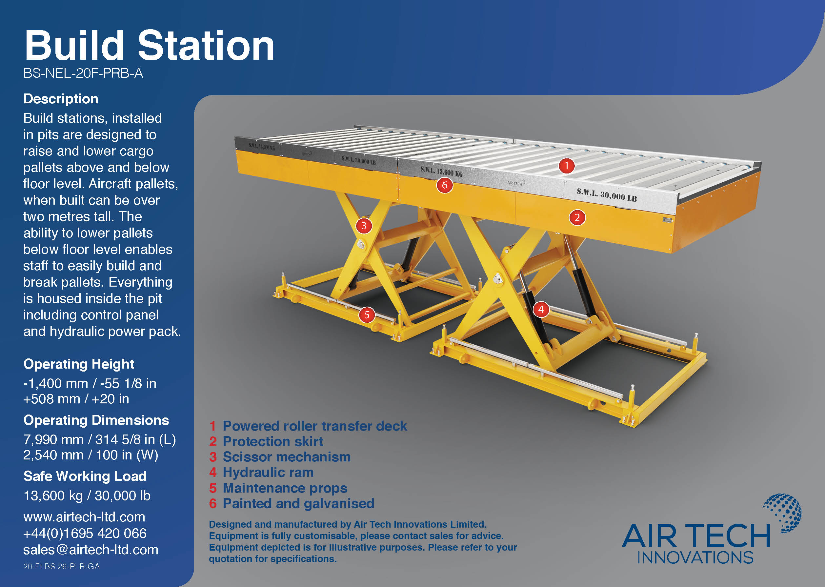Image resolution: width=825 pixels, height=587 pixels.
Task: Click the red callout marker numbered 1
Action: coord(566,166)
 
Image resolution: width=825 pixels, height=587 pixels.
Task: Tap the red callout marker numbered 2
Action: coord(577,218)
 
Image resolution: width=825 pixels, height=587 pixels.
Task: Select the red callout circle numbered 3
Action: coord(364,226)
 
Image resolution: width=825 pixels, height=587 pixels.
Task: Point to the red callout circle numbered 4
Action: coord(541,309)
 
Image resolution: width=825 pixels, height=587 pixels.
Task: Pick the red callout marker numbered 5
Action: coord(367,315)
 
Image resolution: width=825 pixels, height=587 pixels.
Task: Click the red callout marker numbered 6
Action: coord(445,185)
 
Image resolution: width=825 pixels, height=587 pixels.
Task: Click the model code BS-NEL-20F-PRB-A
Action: coord(83,73)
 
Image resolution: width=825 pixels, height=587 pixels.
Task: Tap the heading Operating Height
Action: coord(79,364)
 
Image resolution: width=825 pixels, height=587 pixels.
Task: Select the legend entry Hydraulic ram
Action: coord(268,473)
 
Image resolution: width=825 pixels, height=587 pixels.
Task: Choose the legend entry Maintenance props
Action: coord(285,488)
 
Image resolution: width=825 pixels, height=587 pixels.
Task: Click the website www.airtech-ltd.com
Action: coord(84,517)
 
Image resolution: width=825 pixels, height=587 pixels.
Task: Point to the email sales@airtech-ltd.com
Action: coord(91,550)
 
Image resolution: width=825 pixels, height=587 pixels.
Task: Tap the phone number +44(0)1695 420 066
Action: coord(85,534)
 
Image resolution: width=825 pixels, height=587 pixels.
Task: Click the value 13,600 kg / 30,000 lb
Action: coord(87,496)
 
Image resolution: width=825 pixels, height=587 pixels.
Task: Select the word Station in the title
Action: coord(206,46)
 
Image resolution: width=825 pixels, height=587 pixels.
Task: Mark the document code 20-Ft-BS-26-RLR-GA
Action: coord(61,567)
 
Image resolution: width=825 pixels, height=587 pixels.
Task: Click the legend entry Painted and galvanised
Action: coord(298,503)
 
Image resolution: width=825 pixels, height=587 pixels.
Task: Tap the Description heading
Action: coord(61,99)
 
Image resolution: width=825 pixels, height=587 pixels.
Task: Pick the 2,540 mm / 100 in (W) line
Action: coord(91,455)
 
